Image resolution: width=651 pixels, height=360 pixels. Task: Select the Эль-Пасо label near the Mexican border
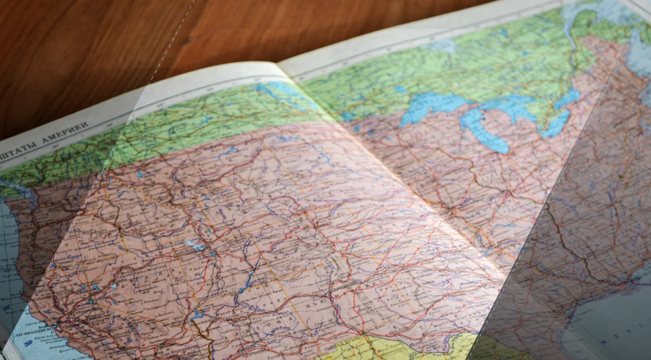click(356, 336)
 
